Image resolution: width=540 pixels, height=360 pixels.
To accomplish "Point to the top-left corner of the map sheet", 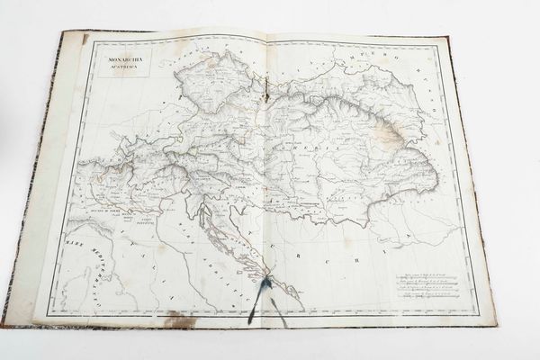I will tap(61, 34).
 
